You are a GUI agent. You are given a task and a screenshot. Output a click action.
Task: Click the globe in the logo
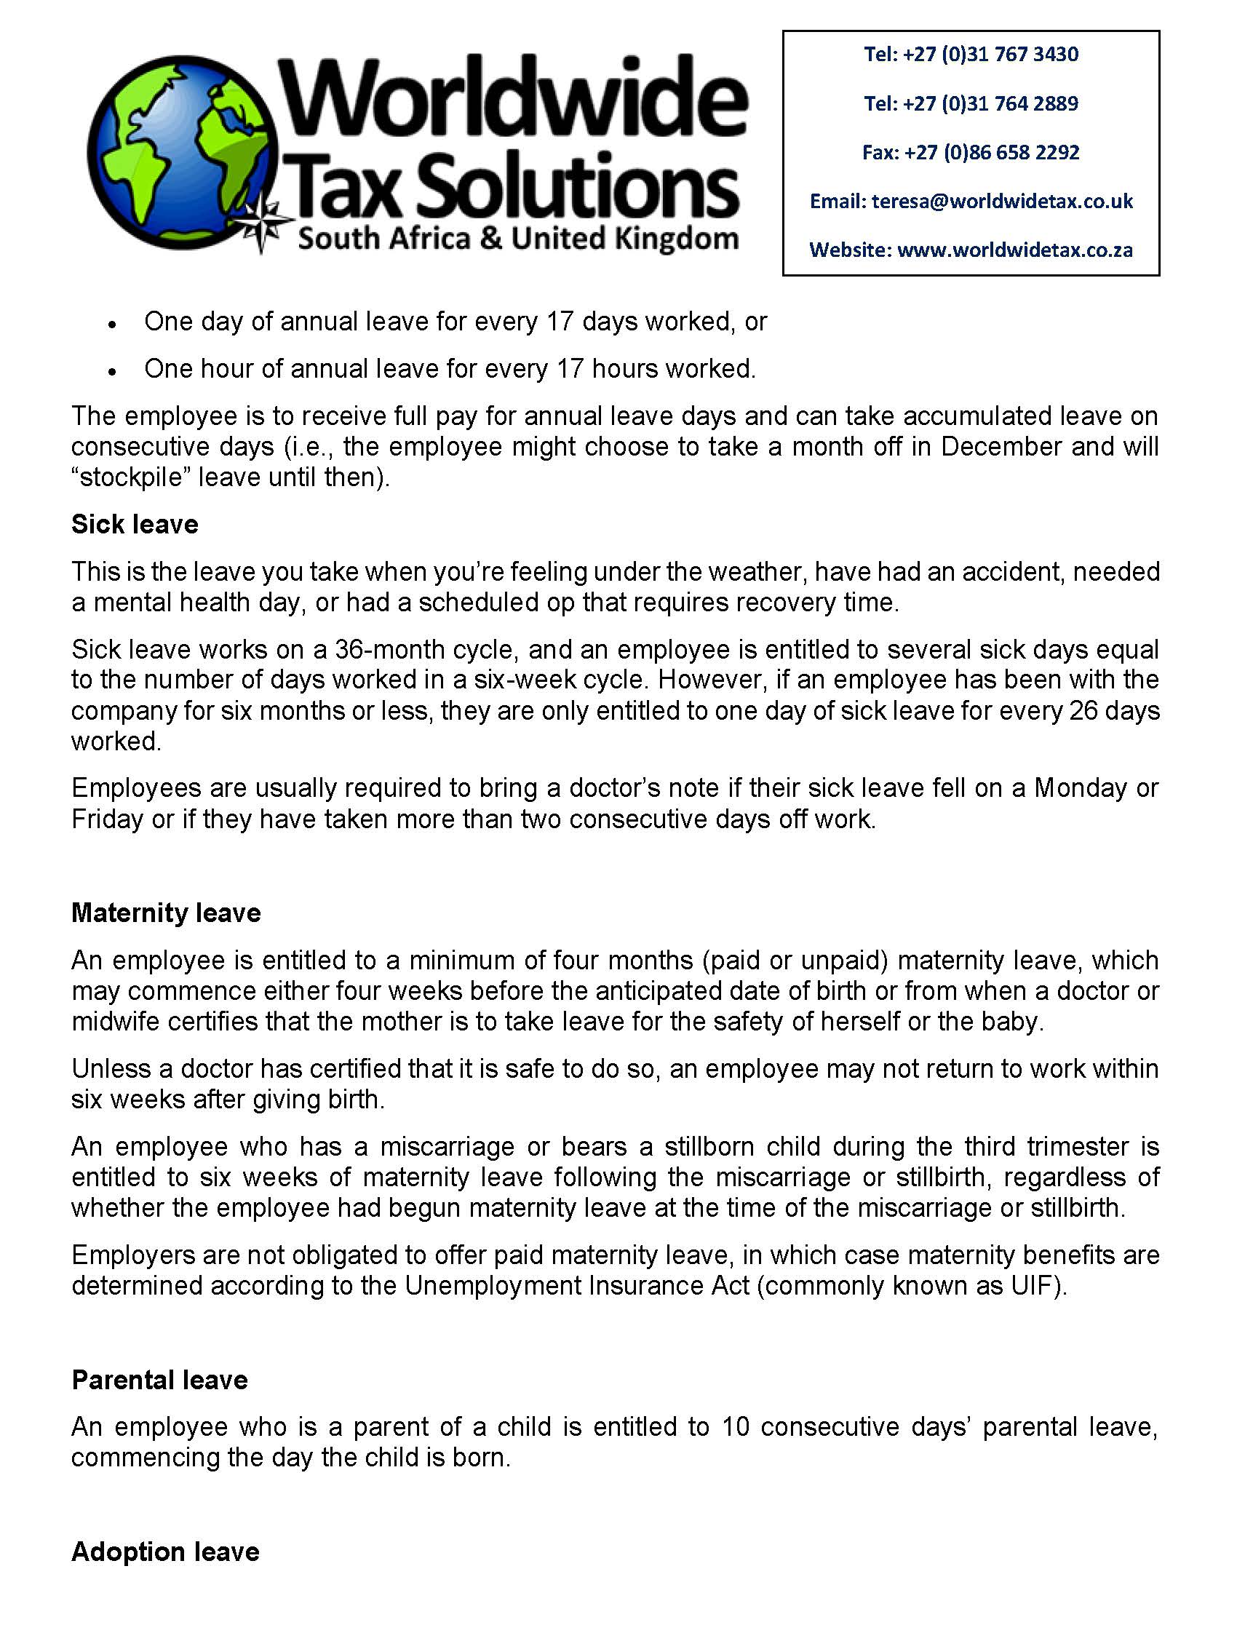tap(184, 154)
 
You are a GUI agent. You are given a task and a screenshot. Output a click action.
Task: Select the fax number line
tap(971, 152)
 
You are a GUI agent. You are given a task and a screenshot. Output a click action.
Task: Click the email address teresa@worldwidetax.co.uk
tap(1002, 201)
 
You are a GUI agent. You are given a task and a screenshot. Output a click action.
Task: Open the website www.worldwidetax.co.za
tap(1014, 250)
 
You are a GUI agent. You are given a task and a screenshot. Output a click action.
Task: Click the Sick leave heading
tap(135, 524)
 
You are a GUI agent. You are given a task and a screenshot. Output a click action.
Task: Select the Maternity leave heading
tap(166, 913)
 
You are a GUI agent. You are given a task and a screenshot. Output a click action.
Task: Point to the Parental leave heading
tap(159, 1380)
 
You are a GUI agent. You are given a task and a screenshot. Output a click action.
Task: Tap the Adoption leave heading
tap(165, 1552)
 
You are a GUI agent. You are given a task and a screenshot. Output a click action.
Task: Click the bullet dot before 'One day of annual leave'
tap(112, 324)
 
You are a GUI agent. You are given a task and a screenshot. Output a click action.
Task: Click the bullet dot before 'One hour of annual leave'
tap(112, 371)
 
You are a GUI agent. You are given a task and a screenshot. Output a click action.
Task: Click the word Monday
tap(1080, 788)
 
